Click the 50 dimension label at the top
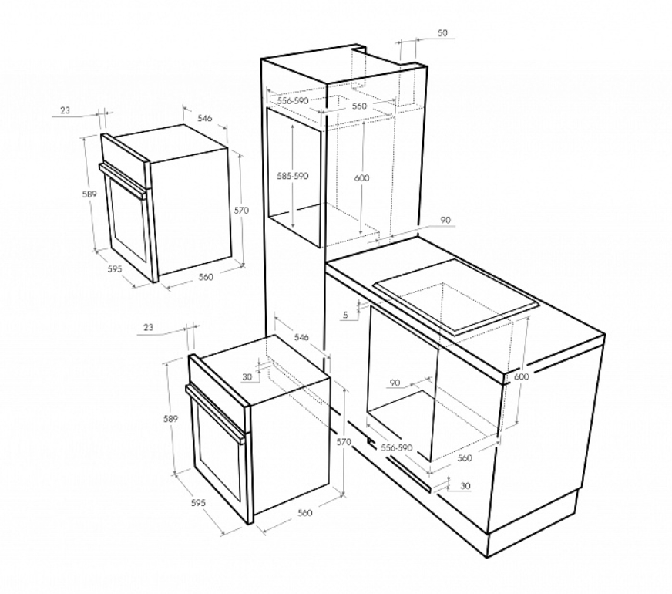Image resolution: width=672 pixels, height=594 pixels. tap(442, 33)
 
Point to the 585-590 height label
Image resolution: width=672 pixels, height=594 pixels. tap(293, 176)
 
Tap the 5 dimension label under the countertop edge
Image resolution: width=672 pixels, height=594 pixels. tap(346, 316)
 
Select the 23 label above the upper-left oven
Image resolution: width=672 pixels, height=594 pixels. tap(65, 110)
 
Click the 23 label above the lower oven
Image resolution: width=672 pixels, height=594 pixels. tap(148, 327)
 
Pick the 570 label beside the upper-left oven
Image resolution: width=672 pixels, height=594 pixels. tap(241, 211)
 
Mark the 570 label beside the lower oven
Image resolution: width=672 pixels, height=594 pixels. tap(344, 442)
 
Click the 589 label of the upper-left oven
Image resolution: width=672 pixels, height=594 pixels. tap(89, 194)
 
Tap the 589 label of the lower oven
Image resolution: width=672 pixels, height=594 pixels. tap(170, 419)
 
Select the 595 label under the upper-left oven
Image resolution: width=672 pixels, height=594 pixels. tap(114, 269)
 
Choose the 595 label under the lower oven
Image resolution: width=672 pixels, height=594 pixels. tap(198, 503)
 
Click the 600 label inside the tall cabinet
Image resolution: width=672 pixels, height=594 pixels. tap(362, 178)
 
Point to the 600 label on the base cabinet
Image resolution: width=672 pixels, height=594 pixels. tap(522, 376)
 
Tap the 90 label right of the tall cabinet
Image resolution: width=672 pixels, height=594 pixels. tap(445, 220)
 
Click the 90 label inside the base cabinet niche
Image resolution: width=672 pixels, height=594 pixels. tap(395, 383)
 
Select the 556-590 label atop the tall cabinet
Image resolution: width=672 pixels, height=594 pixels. tap(293, 101)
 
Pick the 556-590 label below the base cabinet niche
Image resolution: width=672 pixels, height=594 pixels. tap(396, 447)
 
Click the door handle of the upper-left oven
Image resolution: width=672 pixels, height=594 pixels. tap(122, 181)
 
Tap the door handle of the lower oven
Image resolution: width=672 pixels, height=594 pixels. tap(215, 413)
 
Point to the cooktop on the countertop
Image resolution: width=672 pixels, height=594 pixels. tap(457, 296)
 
